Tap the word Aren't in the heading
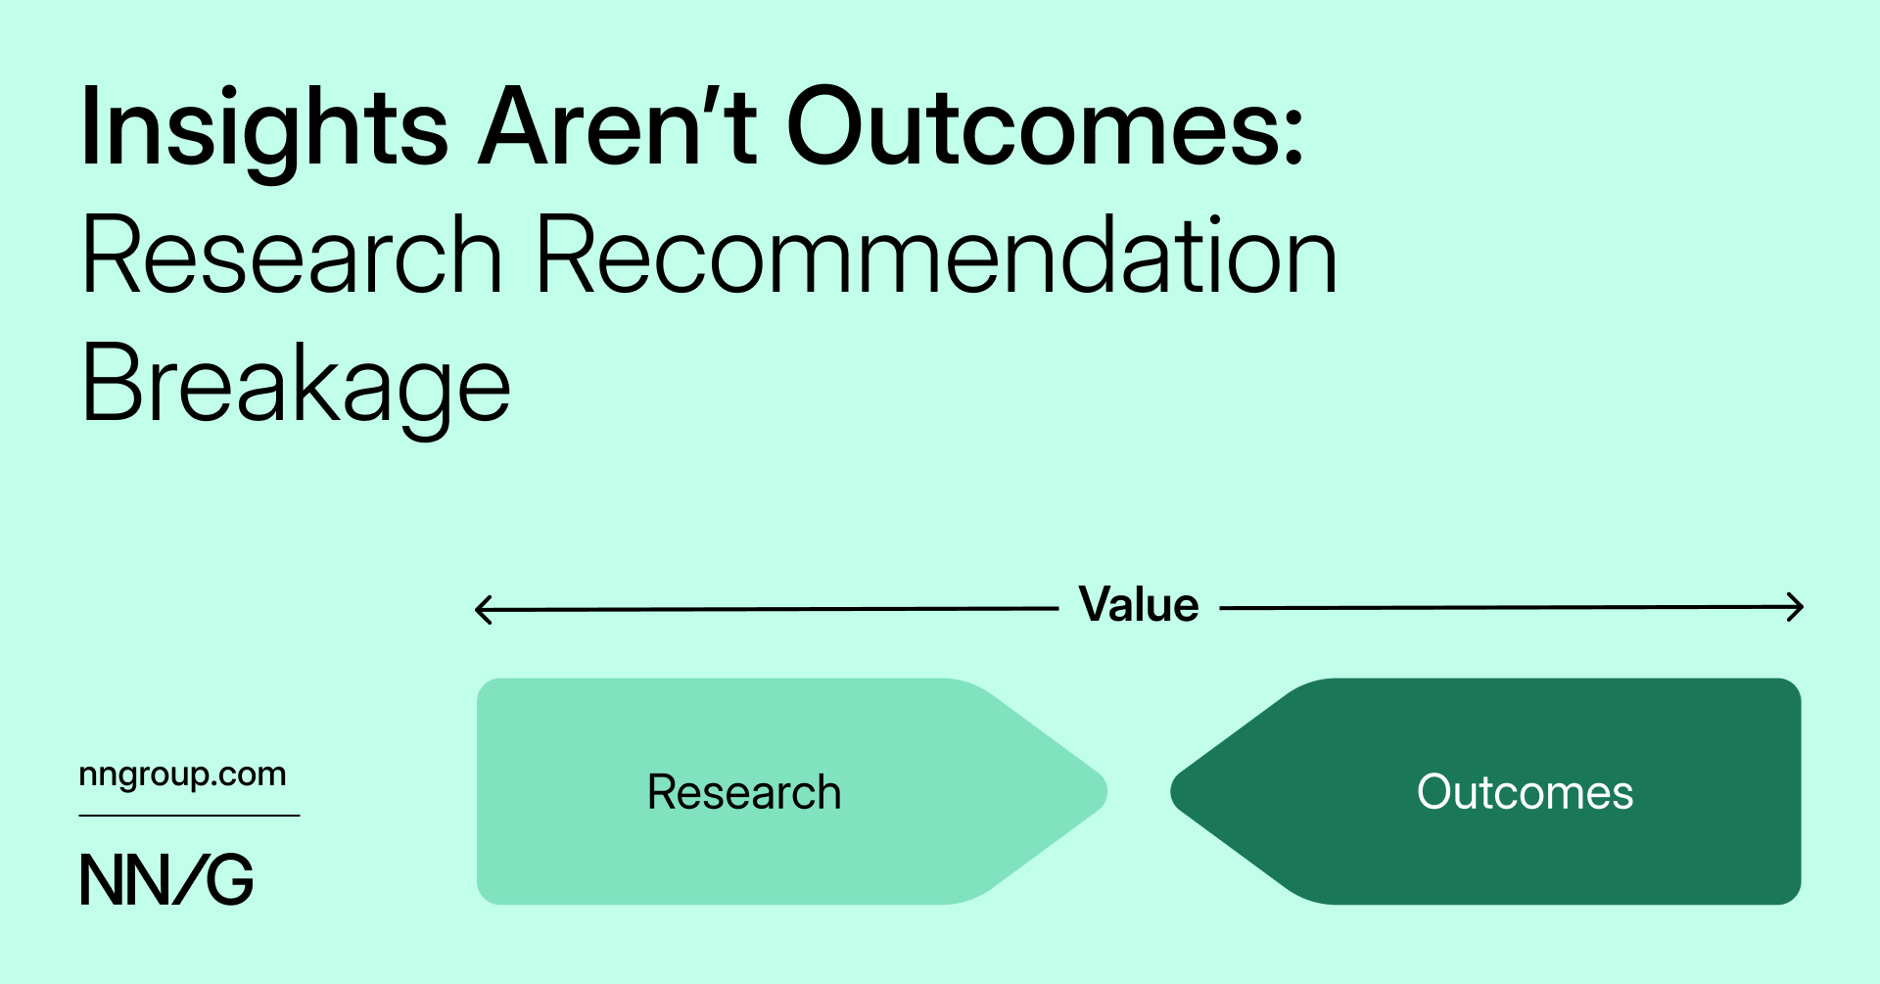[617, 127]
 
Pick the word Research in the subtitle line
[292, 257]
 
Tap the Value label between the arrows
[1138, 605]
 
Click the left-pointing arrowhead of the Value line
[481, 609]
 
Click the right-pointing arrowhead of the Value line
[1797, 607]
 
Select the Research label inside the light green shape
[744, 792]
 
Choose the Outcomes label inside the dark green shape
[1525, 792]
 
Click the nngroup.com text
[183, 774]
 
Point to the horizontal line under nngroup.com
[189, 816]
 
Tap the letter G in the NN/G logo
[230, 879]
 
